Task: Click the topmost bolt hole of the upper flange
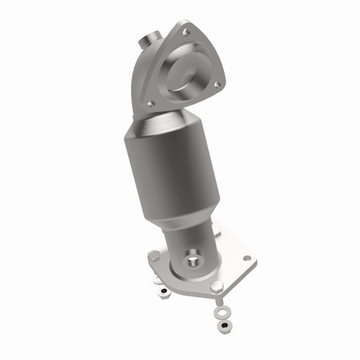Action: [x=188, y=32]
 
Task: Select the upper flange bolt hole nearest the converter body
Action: [x=151, y=104]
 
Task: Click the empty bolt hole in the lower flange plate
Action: [x=247, y=258]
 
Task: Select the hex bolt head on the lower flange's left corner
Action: [x=154, y=255]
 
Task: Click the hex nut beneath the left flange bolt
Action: [x=165, y=292]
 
